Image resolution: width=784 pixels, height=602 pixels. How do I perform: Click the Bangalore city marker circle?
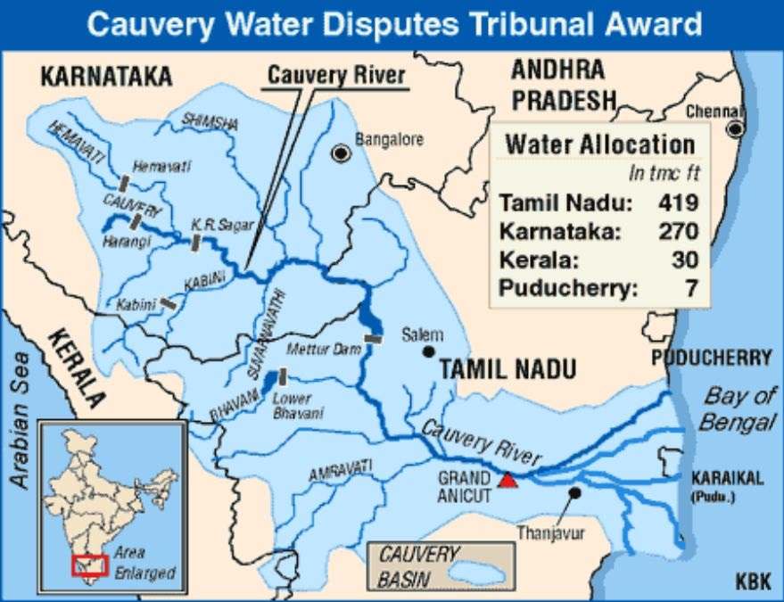tap(340, 153)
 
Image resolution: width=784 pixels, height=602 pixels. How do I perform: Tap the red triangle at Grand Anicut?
tap(508, 480)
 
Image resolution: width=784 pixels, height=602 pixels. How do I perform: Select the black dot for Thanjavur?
tap(574, 492)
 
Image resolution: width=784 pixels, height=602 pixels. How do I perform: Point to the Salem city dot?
tap(429, 351)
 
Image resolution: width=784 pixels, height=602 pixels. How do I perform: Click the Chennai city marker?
tap(736, 129)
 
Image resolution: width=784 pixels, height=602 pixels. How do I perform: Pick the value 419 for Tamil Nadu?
tap(677, 202)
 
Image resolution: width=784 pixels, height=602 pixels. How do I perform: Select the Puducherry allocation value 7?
tap(691, 289)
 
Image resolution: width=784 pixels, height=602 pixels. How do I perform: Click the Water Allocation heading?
tap(599, 144)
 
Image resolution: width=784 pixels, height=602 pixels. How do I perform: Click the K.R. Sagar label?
tap(210, 225)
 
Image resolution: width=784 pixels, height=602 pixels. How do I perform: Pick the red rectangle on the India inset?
tap(90, 565)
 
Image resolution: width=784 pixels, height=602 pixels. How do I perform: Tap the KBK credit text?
tap(754, 582)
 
